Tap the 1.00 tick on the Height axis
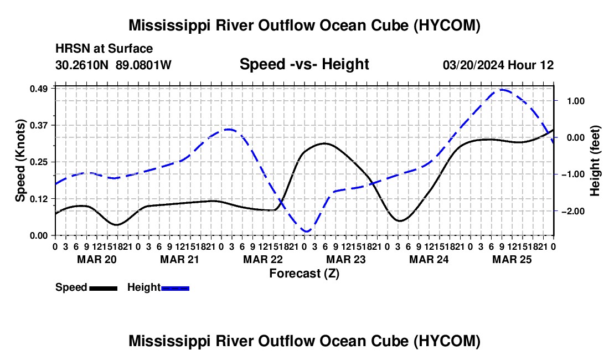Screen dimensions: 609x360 point(576,101)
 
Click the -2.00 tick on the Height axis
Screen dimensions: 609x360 point(573,211)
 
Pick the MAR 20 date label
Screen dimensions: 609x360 point(97,259)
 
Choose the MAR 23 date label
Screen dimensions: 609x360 point(345,259)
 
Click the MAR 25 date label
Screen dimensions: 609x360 point(512,259)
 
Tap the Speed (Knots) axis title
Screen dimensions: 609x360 point(20,161)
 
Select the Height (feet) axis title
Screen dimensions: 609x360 point(595,161)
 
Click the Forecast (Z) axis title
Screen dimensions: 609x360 point(304,274)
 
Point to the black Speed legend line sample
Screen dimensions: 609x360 point(104,288)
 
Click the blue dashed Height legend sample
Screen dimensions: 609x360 point(175,288)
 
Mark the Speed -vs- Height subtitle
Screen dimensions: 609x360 point(304,64)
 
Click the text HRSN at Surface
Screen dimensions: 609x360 point(104,49)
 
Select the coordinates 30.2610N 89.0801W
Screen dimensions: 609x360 point(113,65)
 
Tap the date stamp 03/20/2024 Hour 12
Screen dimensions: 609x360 point(498,65)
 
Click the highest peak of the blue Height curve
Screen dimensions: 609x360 point(502,90)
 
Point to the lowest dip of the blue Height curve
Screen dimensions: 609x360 point(307,232)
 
